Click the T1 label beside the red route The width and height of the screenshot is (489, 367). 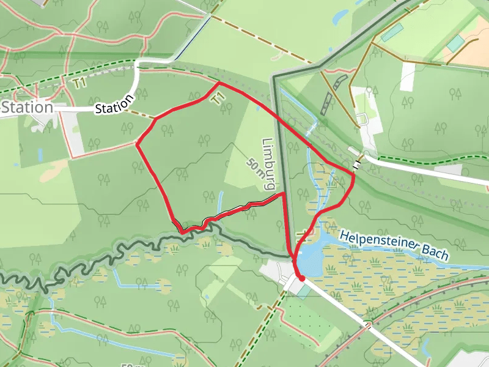[x=217, y=98]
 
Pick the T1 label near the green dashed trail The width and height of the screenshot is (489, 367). [x=78, y=83]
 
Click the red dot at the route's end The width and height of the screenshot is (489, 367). [x=301, y=278]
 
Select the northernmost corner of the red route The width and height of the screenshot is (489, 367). [x=219, y=83]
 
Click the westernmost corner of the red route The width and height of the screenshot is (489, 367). [x=136, y=145]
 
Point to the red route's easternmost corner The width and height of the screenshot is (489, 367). [x=354, y=175]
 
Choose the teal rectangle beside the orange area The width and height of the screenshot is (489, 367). [x=455, y=43]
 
